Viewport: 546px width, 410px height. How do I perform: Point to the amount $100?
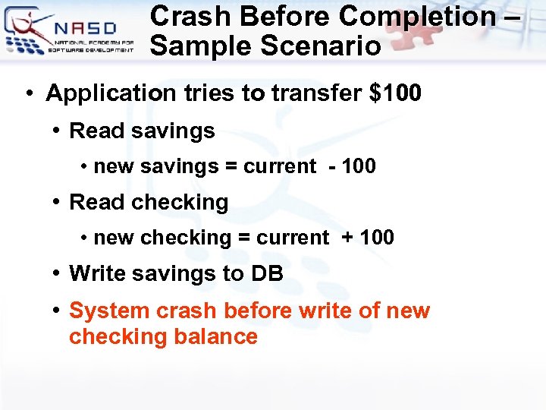(394, 94)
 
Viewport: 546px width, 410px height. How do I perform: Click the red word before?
(258, 311)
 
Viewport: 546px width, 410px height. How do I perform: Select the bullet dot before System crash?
(57, 311)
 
